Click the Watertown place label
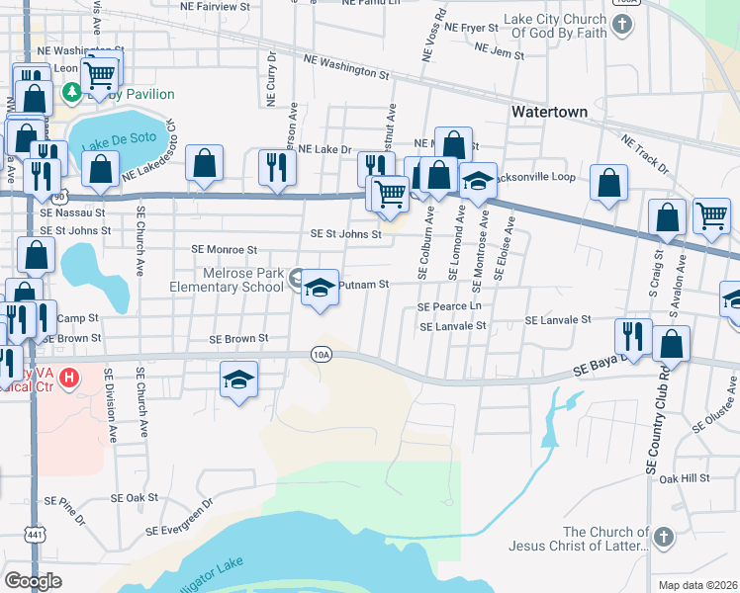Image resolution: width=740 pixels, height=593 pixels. click(549, 112)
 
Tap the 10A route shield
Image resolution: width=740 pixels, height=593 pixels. click(320, 353)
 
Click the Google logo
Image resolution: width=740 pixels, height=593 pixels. click(33, 581)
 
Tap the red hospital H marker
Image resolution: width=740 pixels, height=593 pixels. click(69, 377)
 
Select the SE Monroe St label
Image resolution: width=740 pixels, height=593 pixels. click(226, 251)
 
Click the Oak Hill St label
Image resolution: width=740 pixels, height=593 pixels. click(685, 478)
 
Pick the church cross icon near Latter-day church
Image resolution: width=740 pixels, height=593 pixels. click(663, 538)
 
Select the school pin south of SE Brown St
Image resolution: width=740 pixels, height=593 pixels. click(238, 380)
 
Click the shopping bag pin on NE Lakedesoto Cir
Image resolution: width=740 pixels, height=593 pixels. click(204, 164)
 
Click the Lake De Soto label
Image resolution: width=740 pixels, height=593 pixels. click(111, 146)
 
